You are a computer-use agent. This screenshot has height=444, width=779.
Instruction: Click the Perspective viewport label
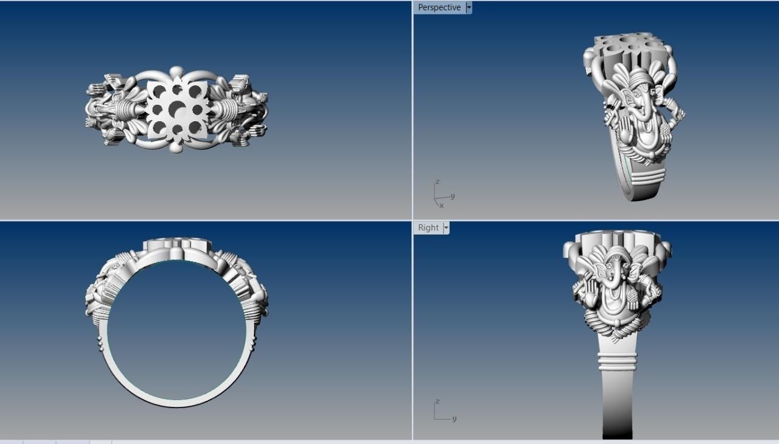click(439, 7)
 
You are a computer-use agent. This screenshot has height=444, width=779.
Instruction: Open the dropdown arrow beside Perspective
click(469, 7)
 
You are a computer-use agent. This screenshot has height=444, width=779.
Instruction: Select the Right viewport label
click(428, 227)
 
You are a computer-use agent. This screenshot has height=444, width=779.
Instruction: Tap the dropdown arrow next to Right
click(446, 227)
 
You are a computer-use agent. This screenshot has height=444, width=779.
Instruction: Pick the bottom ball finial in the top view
click(176, 148)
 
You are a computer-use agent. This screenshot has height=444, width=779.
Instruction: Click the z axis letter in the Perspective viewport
click(437, 182)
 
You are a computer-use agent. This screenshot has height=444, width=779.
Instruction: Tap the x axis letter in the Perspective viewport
click(441, 205)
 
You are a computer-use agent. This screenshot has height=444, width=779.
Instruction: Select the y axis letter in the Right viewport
click(455, 418)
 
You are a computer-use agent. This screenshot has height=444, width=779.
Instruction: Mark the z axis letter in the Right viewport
click(437, 401)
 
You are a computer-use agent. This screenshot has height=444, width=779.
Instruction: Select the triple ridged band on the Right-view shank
click(618, 363)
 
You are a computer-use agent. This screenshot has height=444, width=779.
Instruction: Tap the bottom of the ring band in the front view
click(177, 403)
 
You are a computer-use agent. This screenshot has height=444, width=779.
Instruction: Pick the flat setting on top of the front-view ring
click(177, 244)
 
